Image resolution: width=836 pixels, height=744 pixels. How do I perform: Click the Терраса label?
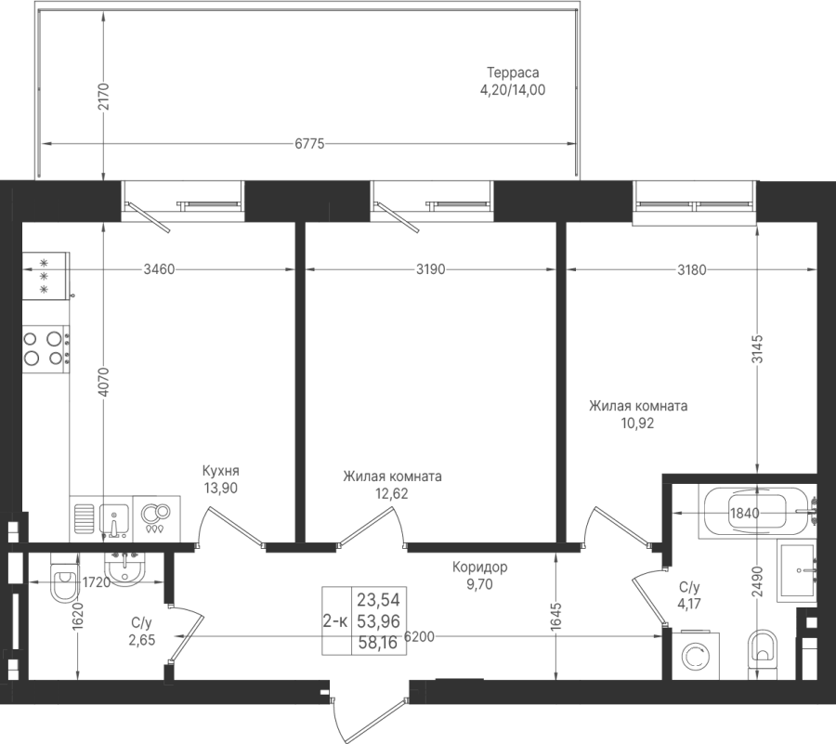point(513,72)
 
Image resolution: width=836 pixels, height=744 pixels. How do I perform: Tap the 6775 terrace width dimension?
point(309,144)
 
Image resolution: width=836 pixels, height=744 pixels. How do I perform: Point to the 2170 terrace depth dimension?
point(103,96)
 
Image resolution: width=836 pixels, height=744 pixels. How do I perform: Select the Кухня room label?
point(221,471)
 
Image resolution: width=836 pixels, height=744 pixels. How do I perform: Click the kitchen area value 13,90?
point(221,488)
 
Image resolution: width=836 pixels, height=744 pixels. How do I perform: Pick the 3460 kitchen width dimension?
point(160,269)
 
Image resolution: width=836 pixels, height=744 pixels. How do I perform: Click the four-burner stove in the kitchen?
point(46,348)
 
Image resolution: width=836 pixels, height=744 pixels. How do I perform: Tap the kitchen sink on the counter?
point(113,519)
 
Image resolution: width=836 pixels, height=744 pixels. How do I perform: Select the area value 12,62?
point(392,493)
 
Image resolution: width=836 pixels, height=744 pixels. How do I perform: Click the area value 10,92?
point(637,424)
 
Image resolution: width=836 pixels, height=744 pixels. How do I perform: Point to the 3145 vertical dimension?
point(758,349)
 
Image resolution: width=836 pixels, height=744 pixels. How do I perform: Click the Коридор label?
point(480,568)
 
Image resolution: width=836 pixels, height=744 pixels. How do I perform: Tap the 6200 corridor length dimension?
point(419,636)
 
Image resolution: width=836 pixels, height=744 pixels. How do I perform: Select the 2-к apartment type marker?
point(336,620)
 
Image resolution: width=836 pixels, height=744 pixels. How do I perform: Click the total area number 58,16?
point(378,643)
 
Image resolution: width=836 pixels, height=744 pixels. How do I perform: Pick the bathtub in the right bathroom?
point(758,512)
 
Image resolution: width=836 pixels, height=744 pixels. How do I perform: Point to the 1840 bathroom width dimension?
point(744,514)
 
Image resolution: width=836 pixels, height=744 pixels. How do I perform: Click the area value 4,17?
point(689,604)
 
